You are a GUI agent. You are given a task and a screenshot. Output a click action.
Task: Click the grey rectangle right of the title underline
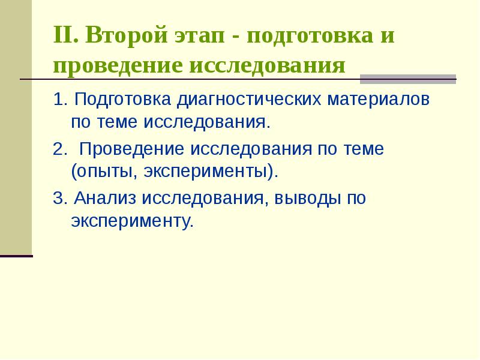point(407,79)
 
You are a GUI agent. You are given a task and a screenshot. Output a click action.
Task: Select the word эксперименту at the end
point(131,222)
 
